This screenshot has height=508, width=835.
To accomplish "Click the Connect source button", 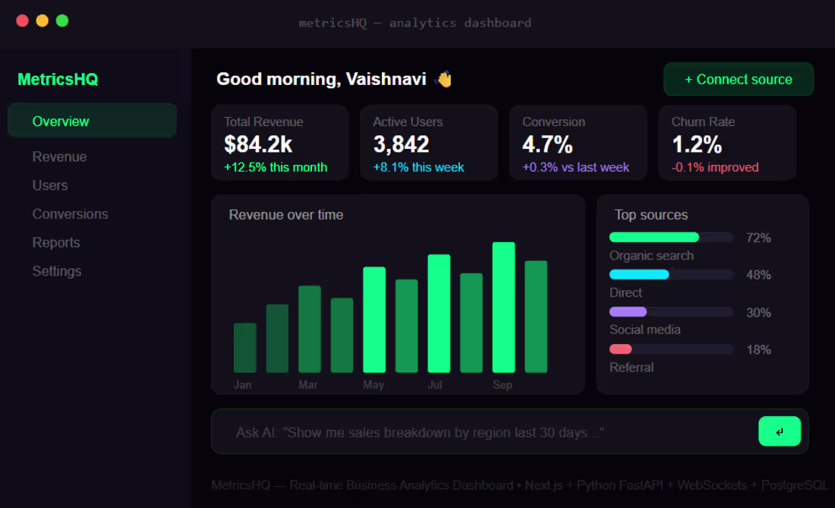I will coord(738,79).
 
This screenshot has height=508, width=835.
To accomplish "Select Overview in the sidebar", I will coord(61,121).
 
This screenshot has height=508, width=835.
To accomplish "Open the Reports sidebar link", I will coord(56,243).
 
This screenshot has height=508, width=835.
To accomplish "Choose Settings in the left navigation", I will coord(57,271).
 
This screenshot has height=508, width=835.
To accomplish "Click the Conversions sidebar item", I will coord(70,214).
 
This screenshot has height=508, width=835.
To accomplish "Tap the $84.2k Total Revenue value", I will coord(258,144).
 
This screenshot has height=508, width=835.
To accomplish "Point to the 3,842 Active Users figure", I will coord(402,144).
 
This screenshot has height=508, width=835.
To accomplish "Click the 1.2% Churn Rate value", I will coord(697,144).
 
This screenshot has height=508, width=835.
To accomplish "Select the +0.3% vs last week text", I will coord(575,167).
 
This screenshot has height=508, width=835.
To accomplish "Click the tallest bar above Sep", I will coord(503,307).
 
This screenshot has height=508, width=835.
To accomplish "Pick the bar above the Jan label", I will coord(244,348).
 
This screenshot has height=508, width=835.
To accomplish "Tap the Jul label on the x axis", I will coord(435,385).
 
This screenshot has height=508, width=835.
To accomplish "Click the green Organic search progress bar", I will coord(654,238).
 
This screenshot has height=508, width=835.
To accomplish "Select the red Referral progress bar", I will coord(621,349).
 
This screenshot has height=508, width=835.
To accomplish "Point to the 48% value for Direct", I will coord(758,275).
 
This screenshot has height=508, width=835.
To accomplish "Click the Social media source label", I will coord(644,330).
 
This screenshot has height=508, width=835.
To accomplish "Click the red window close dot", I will coord(22,21).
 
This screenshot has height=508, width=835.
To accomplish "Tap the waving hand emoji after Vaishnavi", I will coord(443,79).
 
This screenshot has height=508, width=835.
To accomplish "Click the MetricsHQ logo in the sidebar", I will coord(58,79).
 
